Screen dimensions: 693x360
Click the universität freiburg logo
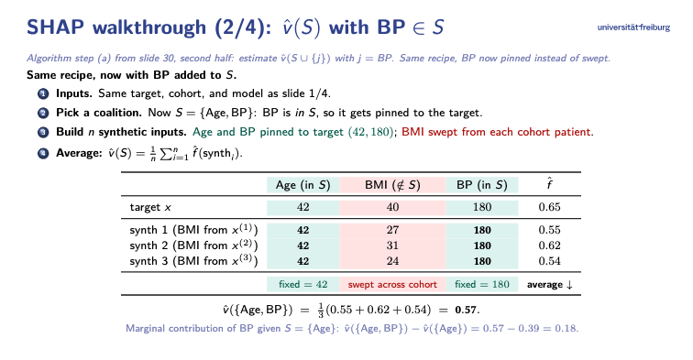point(633,27)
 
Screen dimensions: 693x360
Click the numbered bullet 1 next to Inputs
point(43,93)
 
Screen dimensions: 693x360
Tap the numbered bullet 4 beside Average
point(43,153)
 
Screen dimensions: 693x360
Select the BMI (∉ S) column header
point(392,185)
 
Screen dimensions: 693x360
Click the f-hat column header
point(549,184)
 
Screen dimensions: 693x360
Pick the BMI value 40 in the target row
point(392,207)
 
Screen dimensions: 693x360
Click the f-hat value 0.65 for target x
point(549,207)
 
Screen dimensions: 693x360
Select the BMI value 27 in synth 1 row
point(392,230)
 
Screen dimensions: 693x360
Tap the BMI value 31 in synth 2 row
point(392,245)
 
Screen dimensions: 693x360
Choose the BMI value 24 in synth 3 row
point(392,261)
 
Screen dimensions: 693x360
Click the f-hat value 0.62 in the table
point(549,245)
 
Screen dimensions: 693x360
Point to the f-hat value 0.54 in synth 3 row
point(549,261)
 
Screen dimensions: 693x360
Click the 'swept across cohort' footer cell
point(392,285)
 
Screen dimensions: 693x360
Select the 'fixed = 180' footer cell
point(482,285)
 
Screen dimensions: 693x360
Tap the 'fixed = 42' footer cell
point(303,285)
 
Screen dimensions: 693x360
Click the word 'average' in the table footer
point(544,285)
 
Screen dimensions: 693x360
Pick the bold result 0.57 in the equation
point(466,311)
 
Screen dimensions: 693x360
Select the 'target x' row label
point(150,207)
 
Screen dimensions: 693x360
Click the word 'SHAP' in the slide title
point(55,27)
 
